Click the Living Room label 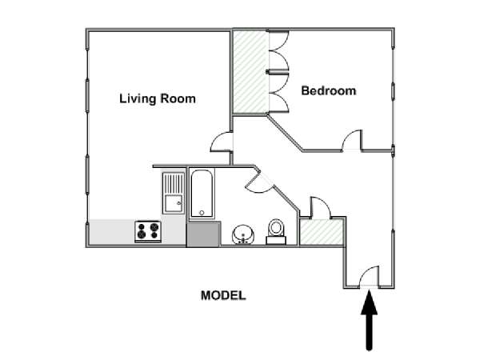158,98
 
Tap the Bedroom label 329,90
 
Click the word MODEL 223,295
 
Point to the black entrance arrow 369,320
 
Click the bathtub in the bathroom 202,194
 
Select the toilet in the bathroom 276,231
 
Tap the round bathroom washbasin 243,234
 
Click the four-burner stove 148,231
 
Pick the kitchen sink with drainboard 174,193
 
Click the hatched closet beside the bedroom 250,72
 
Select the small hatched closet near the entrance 321,232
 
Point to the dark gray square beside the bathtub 203,234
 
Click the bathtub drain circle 202,213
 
